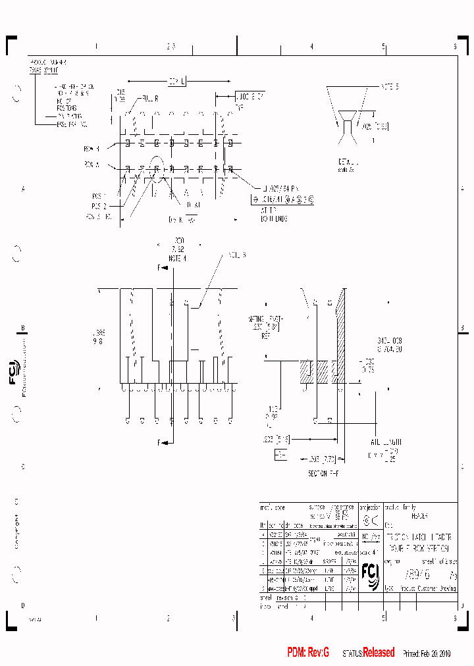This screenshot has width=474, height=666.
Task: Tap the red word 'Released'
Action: click(379, 652)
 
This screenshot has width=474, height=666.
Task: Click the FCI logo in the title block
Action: click(370, 573)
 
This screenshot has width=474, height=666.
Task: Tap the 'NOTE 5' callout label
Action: click(389, 86)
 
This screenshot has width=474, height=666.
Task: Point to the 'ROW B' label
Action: click(92, 148)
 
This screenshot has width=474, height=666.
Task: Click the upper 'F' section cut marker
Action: click(159, 267)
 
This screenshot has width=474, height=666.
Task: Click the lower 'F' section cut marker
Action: click(159, 443)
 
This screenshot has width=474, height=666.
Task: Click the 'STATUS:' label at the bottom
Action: click(352, 653)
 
